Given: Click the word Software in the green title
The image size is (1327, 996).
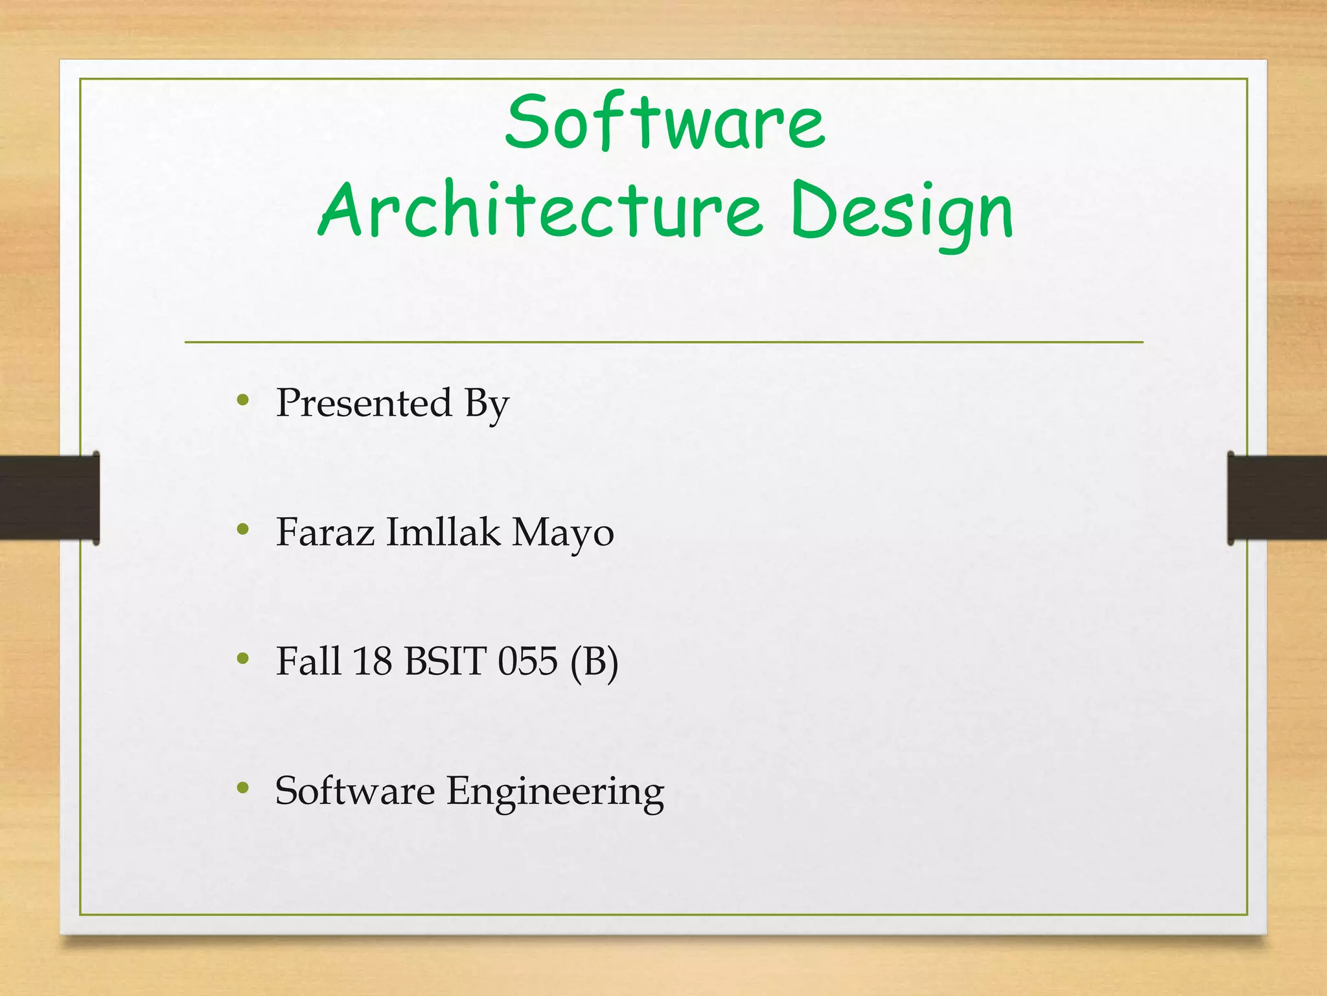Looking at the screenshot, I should click(x=665, y=122).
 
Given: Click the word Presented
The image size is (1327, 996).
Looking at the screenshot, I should click(x=363, y=403).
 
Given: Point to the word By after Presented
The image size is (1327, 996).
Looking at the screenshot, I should click(x=487, y=404).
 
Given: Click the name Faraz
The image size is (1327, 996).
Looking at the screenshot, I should click(x=325, y=532).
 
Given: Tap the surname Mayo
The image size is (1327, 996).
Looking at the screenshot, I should click(x=562, y=534).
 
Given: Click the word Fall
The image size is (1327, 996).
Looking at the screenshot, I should click(x=308, y=661).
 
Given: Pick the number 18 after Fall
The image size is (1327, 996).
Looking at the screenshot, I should click(x=372, y=661).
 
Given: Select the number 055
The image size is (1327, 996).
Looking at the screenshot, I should click(x=527, y=661).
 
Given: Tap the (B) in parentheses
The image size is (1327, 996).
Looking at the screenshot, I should click(x=594, y=662).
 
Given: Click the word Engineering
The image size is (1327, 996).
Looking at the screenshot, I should click(x=555, y=792).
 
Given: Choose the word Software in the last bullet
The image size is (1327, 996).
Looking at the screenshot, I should click(x=355, y=791).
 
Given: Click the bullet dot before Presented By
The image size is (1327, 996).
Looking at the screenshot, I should click(x=243, y=400).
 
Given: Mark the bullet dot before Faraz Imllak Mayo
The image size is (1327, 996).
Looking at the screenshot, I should click(x=243, y=530).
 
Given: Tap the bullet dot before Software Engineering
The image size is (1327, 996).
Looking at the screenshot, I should click(x=243, y=788).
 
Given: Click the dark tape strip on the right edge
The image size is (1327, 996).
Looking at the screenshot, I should click(x=1278, y=497).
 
